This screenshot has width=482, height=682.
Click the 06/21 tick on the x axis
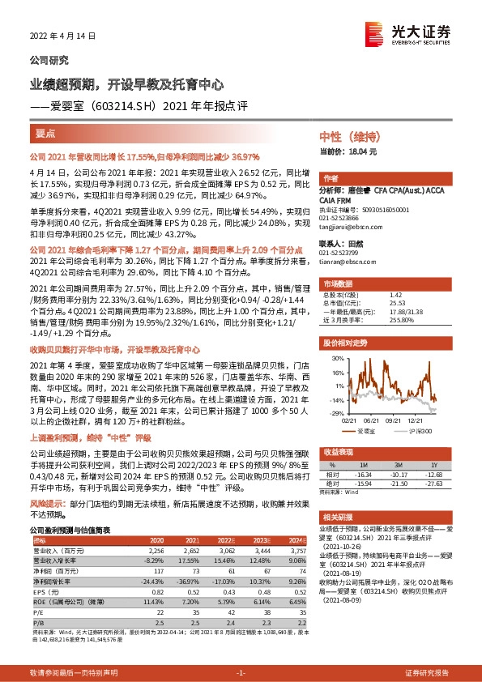373,418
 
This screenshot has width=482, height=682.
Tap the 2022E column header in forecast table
224,540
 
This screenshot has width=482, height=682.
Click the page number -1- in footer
241,672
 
